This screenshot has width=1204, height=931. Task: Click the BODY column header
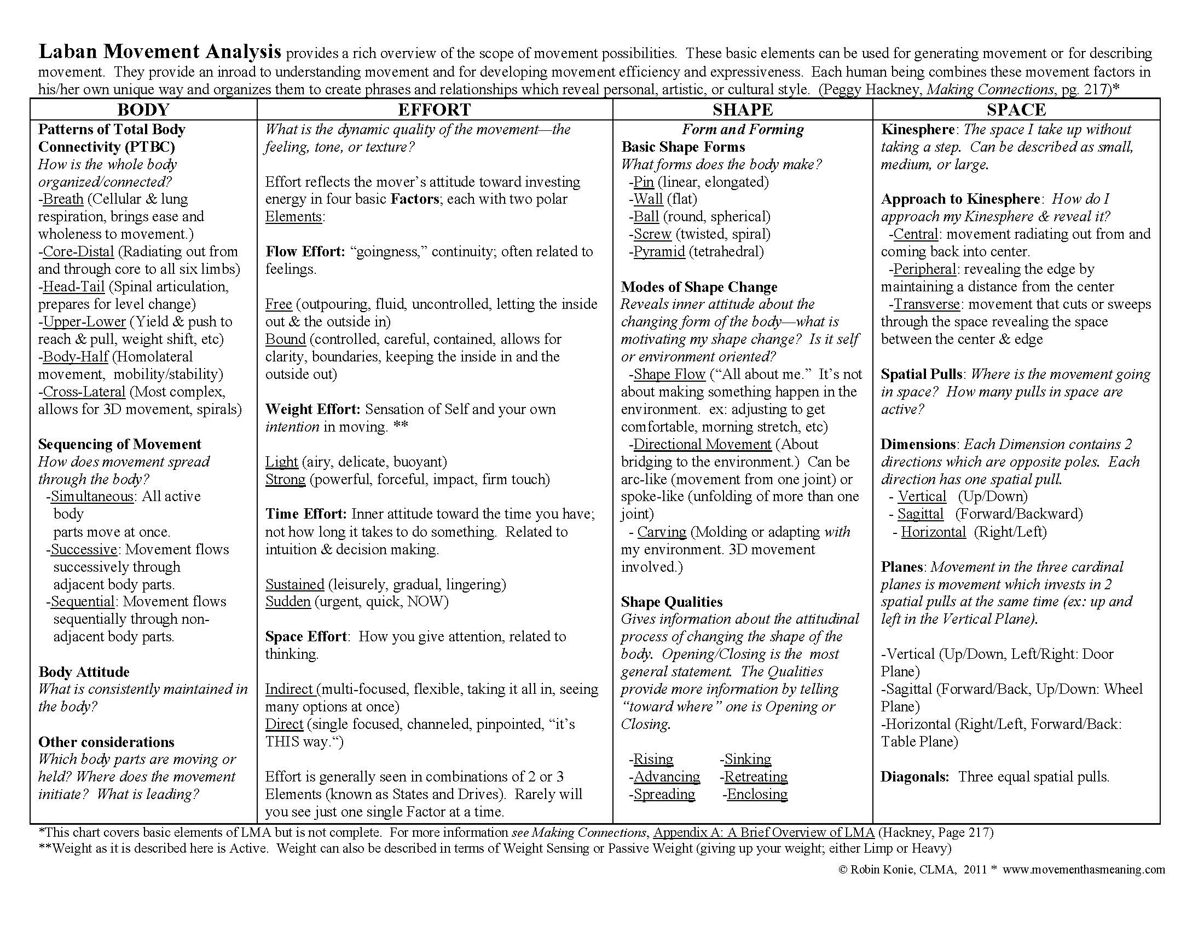(x=143, y=109)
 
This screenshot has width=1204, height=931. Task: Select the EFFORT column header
(x=435, y=109)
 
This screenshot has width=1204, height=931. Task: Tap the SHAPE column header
(x=743, y=109)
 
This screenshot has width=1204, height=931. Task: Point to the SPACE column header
(x=1016, y=109)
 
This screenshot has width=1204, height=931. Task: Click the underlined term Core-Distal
(x=78, y=251)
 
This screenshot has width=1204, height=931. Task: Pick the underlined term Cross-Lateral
(x=84, y=392)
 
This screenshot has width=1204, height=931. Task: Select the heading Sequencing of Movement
(x=120, y=444)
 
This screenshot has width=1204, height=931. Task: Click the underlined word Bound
(x=285, y=339)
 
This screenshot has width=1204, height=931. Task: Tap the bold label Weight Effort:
(x=312, y=409)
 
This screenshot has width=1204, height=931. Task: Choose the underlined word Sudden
(x=288, y=601)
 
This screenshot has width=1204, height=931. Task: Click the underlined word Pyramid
(x=659, y=251)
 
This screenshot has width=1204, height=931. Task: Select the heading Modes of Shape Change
(x=699, y=287)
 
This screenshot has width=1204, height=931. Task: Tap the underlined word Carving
(x=662, y=532)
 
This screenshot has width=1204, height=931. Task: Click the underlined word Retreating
(x=755, y=777)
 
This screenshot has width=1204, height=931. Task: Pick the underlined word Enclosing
(x=757, y=794)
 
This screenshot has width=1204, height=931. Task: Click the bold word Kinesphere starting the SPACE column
(x=917, y=129)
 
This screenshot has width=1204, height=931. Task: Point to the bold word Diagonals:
(x=914, y=777)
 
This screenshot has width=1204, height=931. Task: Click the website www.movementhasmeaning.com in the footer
(x=1083, y=870)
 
